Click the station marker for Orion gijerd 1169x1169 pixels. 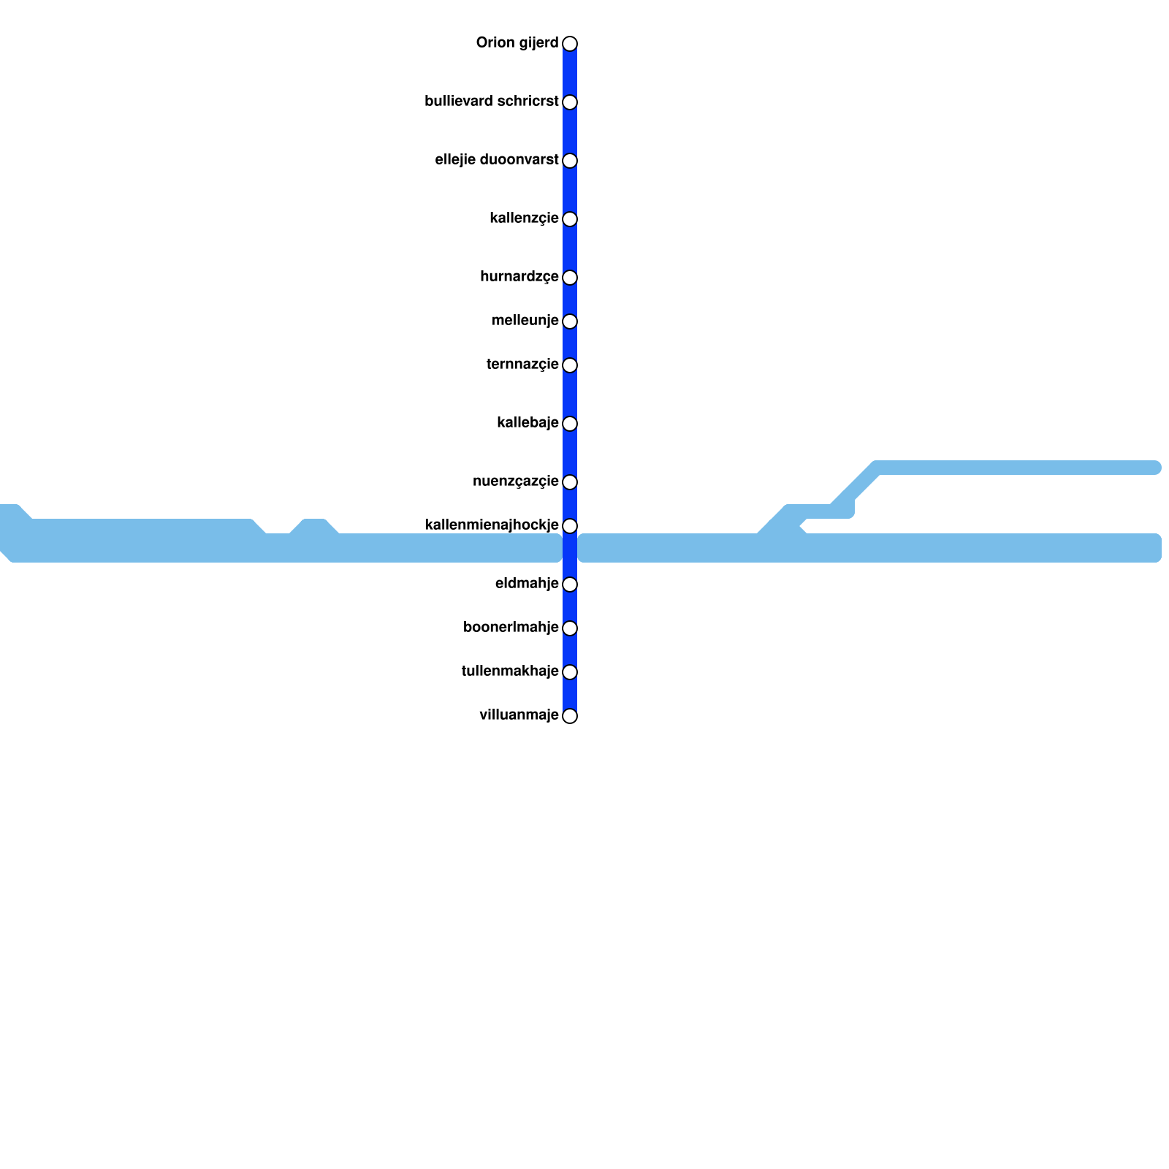(x=570, y=44)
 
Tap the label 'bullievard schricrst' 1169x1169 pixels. (x=491, y=102)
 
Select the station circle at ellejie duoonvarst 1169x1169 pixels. (x=570, y=161)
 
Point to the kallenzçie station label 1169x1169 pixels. (x=524, y=218)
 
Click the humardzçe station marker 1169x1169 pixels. (x=570, y=278)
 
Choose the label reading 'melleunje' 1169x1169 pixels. (x=525, y=321)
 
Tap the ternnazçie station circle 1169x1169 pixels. (x=570, y=365)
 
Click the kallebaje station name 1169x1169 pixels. (x=528, y=423)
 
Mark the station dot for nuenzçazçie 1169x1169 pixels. (x=570, y=482)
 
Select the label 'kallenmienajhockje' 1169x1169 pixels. (x=491, y=525)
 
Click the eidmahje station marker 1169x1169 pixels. (x=570, y=584)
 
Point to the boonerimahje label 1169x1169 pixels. (x=511, y=628)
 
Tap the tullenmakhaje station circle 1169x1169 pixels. (x=570, y=672)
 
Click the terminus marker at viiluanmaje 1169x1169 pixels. (x=570, y=716)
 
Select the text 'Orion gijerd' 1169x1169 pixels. (x=517, y=43)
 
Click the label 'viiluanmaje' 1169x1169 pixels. (x=519, y=715)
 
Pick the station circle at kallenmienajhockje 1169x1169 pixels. (x=570, y=526)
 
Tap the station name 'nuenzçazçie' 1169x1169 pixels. (x=515, y=481)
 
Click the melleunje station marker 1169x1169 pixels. (x=570, y=321)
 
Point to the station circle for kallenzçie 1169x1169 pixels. (x=570, y=219)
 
